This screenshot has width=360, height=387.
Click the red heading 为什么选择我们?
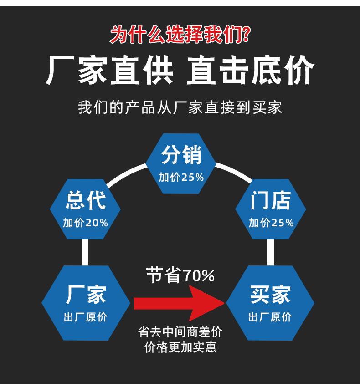coord(180,35)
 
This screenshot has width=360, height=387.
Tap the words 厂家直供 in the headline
coord(109,71)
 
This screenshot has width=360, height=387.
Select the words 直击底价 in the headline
coord(250,71)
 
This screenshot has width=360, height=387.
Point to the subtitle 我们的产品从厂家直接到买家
coord(180,107)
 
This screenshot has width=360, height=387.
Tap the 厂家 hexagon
coord(86,303)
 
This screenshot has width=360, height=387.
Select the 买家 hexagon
coord(270,303)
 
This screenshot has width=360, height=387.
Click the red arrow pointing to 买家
coord(178,303)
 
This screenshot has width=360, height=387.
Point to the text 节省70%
coord(180,275)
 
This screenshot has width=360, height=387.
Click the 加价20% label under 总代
coord(85,223)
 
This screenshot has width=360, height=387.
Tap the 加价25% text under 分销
coord(181,178)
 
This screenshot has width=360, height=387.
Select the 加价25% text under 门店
coord(271,223)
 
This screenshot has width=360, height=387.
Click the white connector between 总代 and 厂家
coord(85,252)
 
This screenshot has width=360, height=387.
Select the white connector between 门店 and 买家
coord(271,252)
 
